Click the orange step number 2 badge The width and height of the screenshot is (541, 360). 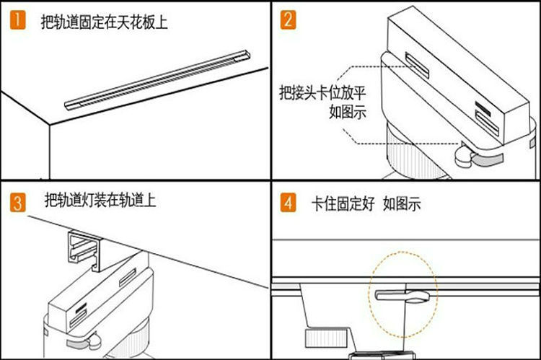(288, 19)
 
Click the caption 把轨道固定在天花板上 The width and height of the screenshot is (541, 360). (104, 22)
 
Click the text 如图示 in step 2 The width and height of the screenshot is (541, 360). (347, 112)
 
